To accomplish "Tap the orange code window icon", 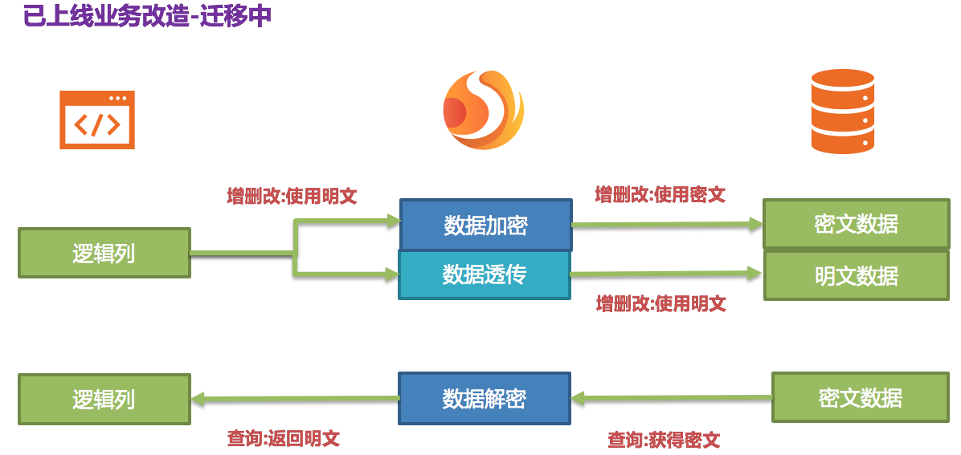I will tap(97, 120).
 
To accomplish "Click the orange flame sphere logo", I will tap(483, 111).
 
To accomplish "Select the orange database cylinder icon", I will tap(842, 111).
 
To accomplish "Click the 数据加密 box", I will tap(485, 225).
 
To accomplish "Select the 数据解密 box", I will tap(485, 398).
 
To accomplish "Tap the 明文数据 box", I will tap(856, 276).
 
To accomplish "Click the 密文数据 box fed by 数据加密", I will tap(856, 224).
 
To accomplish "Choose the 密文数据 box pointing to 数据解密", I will tap(860, 397).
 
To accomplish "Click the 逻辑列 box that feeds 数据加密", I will tap(104, 254).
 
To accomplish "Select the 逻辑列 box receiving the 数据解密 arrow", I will tap(104, 399).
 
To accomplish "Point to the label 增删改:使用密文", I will tap(660, 194).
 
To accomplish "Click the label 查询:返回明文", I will tap(283, 438).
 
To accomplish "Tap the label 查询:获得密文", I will tap(664, 440).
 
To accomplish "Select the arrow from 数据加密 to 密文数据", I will tap(667, 225).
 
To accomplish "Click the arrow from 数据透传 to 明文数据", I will tap(667, 274).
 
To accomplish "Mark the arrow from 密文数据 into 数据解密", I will tap(671, 397).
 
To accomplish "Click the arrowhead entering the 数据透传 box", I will tap(391, 275).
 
